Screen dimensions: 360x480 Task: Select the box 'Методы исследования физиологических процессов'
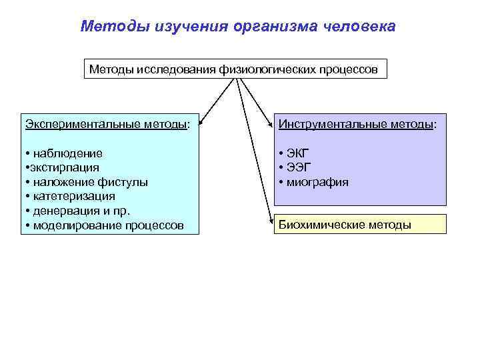click(x=235, y=69)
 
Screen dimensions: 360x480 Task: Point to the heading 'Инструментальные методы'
click(x=357, y=124)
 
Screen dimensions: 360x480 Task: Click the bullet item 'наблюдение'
click(x=67, y=153)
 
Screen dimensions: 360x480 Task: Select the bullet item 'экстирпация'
click(x=63, y=167)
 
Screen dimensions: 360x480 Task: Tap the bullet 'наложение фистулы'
click(x=89, y=182)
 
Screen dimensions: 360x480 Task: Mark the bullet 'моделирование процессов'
click(x=107, y=225)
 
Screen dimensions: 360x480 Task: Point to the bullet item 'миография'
click(x=317, y=182)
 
